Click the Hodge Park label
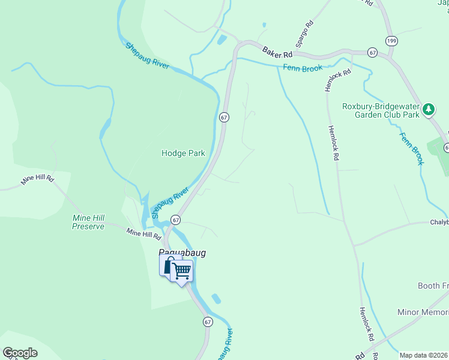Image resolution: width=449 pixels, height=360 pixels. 183,153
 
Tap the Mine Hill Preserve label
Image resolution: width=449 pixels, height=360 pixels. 88,222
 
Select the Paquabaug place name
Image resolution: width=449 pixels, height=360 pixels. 182,253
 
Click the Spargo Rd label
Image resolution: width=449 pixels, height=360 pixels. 305,35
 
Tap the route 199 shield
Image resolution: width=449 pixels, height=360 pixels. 391,41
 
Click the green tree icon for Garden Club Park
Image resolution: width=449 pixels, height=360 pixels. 428,109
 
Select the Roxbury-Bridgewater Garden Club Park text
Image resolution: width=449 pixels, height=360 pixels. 380,110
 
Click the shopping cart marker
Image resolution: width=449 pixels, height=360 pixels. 181,271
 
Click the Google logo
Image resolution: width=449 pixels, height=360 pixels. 20,353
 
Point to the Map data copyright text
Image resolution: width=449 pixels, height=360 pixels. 424,355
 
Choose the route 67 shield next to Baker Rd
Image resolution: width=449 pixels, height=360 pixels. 373,53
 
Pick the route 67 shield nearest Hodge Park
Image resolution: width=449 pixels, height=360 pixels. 224,117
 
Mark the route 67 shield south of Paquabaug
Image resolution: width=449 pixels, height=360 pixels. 208,322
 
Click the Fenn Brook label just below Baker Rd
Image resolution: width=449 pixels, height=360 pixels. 304,68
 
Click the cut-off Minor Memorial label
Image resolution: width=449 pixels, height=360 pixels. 423,313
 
